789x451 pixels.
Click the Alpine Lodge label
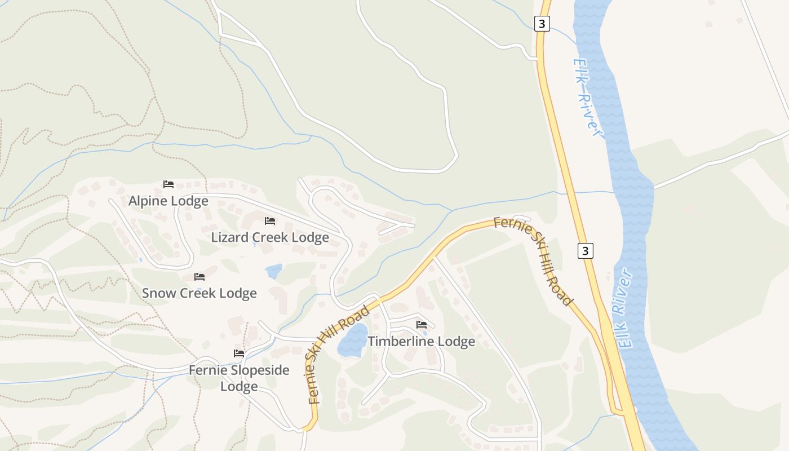[x=168, y=201]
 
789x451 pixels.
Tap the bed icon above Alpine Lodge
[x=168, y=184]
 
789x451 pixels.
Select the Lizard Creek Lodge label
[x=270, y=237]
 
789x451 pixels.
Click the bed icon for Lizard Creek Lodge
[x=270, y=220]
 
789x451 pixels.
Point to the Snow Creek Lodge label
[x=199, y=293]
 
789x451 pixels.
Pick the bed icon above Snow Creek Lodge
[x=199, y=276]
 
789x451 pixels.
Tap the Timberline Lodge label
[x=421, y=342]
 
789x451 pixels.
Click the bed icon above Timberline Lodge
[x=421, y=324]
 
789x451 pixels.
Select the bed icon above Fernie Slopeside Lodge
[x=239, y=353]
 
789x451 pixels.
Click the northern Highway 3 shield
[x=542, y=24]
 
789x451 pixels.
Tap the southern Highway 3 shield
[x=585, y=251]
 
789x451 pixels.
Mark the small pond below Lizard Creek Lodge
[x=274, y=272]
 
